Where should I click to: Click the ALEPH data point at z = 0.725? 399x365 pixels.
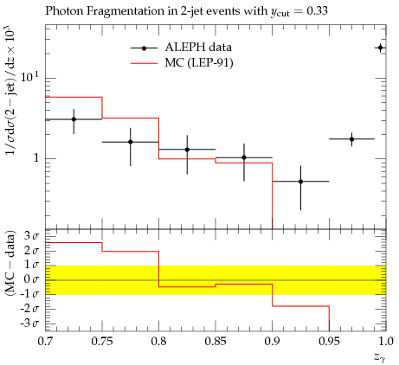74,119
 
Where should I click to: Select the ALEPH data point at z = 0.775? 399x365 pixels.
131,142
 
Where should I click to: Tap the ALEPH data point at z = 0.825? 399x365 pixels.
187,150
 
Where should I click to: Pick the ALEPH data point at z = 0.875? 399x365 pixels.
244,157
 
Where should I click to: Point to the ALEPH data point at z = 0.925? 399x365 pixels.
300,182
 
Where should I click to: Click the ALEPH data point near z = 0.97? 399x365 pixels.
351,139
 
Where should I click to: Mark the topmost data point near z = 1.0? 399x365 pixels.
380,48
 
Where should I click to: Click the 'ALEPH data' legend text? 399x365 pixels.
198,48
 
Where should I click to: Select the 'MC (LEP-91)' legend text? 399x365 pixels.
199,63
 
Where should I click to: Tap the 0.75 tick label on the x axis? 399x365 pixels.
102,342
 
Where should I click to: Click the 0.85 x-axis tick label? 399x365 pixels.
216,342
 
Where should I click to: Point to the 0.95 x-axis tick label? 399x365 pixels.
329,342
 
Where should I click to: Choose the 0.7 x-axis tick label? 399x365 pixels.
45,342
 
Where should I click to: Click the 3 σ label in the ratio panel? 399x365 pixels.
31,236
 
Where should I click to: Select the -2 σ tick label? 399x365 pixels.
29,309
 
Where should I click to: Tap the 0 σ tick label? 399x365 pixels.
31,279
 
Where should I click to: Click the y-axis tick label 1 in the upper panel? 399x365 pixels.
36,158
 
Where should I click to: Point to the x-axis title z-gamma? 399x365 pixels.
380,357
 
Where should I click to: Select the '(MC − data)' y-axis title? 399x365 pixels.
10,263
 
